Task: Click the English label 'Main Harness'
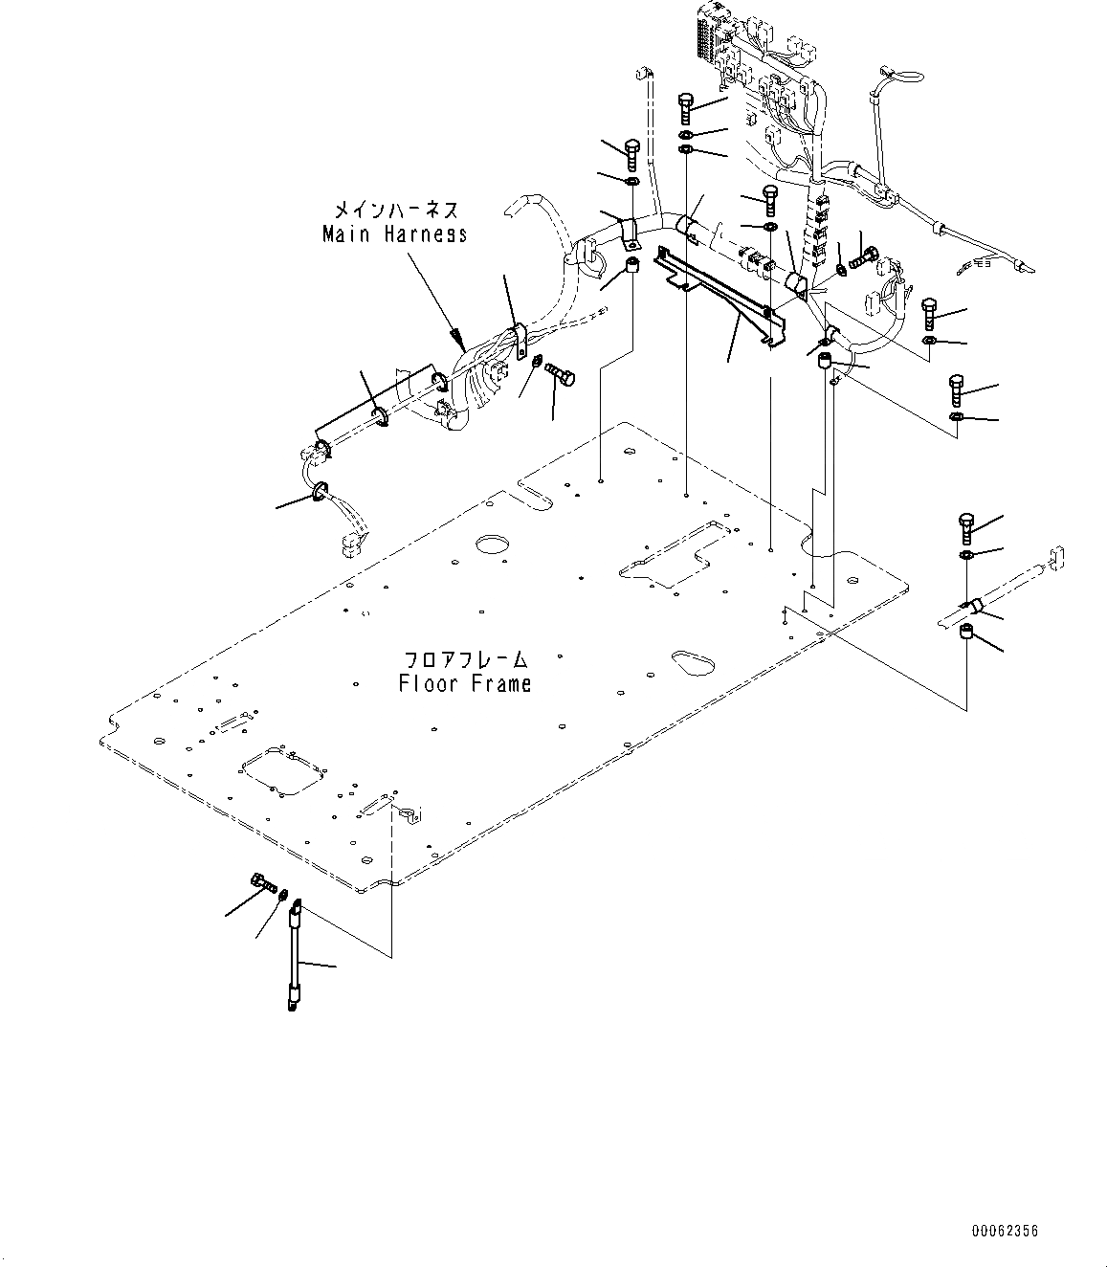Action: coord(394,233)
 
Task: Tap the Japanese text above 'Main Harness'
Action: coord(394,210)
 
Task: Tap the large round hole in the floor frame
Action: coord(493,545)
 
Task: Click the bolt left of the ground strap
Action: coord(260,879)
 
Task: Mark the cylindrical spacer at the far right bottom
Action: coord(966,633)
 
